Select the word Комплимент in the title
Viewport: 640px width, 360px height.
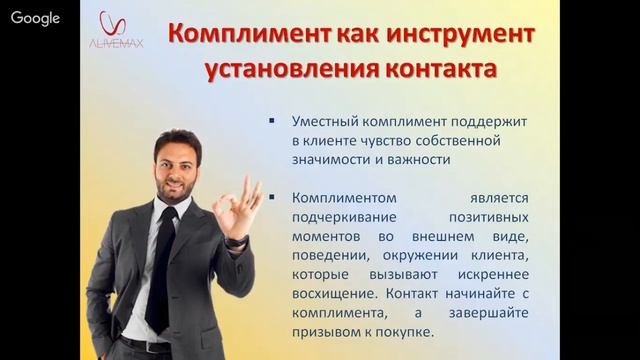pyautogui.click(x=234, y=32)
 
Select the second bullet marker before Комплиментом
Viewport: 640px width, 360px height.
pyautogui.click(x=273, y=198)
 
